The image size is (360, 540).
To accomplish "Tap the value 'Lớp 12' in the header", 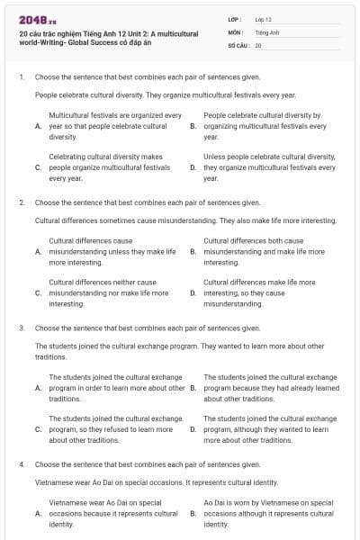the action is [x=264, y=19].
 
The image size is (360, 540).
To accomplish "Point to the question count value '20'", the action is [x=258, y=44].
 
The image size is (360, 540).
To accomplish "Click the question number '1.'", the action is [x=21, y=77].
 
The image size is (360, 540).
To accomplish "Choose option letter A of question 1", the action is [x=38, y=127].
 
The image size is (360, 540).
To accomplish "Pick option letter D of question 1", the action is [x=193, y=167].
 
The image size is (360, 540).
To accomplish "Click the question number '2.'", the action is [x=21, y=202].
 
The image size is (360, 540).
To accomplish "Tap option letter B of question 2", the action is [x=193, y=252].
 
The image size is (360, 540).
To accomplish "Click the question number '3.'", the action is [x=21, y=328].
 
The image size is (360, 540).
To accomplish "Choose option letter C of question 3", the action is [x=38, y=429].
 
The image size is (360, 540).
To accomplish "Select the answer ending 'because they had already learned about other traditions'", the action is [x=271, y=388].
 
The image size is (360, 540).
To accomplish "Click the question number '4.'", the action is [x=21, y=464].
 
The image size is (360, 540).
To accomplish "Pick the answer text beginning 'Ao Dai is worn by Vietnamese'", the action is [x=269, y=513].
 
